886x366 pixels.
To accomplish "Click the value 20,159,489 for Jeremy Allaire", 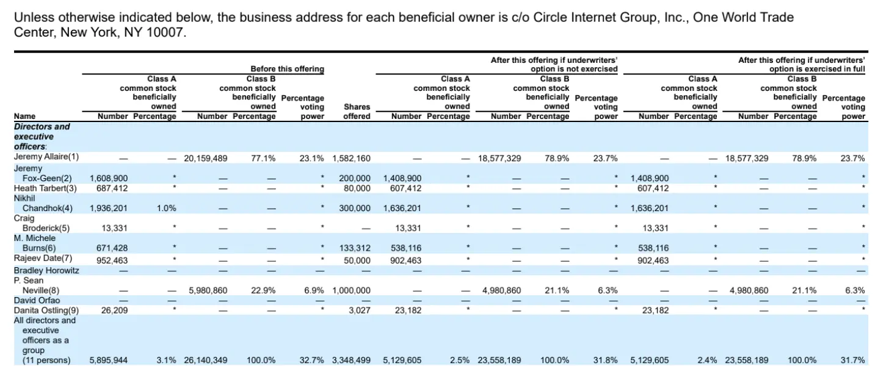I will click(206, 159).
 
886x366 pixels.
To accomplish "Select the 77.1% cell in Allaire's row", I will click(263, 159).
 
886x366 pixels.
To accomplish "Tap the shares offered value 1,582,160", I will click(351, 159).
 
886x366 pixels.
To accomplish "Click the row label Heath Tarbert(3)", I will click(45, 188).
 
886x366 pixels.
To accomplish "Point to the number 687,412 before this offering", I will click(112, 188).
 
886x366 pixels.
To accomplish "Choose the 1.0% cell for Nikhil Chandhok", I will click(166, 209).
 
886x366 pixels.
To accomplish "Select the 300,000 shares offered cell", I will click(355, 209).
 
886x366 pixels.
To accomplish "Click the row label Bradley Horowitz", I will click(46, 270).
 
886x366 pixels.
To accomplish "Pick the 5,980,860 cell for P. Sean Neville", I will click(208, 291).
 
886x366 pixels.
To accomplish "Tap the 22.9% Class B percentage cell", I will click(263, 291).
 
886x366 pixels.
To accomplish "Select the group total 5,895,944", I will click(109, 361).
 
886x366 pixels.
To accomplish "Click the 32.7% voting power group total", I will click(311, 361).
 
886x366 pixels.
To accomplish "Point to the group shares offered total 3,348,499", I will click(351, 361).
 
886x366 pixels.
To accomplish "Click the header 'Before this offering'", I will click(287, 69).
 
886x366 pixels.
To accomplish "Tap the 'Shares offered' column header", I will click(357, 112).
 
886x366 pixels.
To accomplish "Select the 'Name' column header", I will click(24, 116).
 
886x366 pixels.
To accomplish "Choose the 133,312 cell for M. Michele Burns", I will click(355, 248).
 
